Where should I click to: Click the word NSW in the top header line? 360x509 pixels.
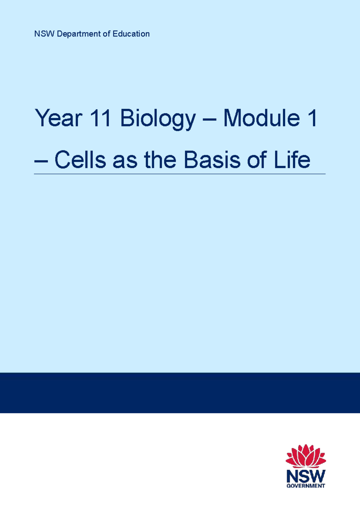(44, 34)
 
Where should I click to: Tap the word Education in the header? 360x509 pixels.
(131, 34)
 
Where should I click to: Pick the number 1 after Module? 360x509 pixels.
(312, 118)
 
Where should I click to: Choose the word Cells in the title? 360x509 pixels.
(80, 160)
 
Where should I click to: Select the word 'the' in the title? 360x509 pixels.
(160, 160)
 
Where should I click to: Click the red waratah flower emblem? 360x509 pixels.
(306, 456)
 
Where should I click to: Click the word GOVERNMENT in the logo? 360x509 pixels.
(306, 486)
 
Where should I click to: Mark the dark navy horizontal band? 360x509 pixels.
(180, 393)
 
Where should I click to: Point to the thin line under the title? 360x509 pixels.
(180, 174)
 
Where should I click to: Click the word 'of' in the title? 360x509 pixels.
(257, 160)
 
